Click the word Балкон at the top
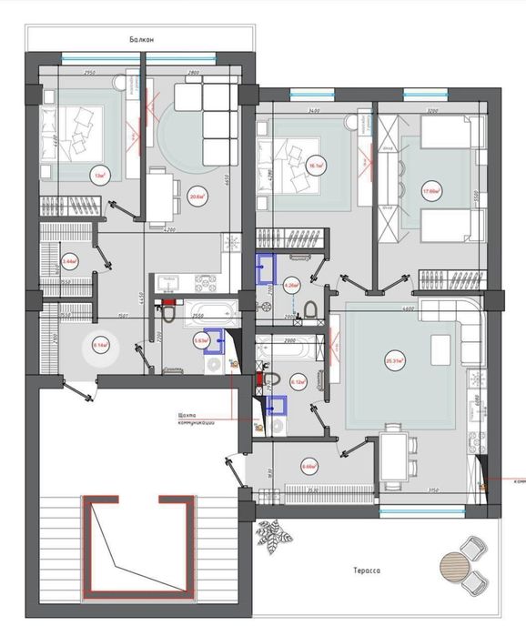143,40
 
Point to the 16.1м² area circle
316,167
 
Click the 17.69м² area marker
431,191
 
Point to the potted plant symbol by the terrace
271,536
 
